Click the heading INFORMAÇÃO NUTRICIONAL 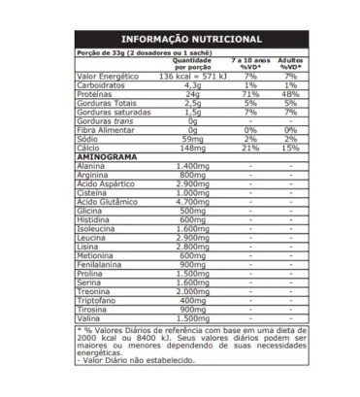[179, 38]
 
